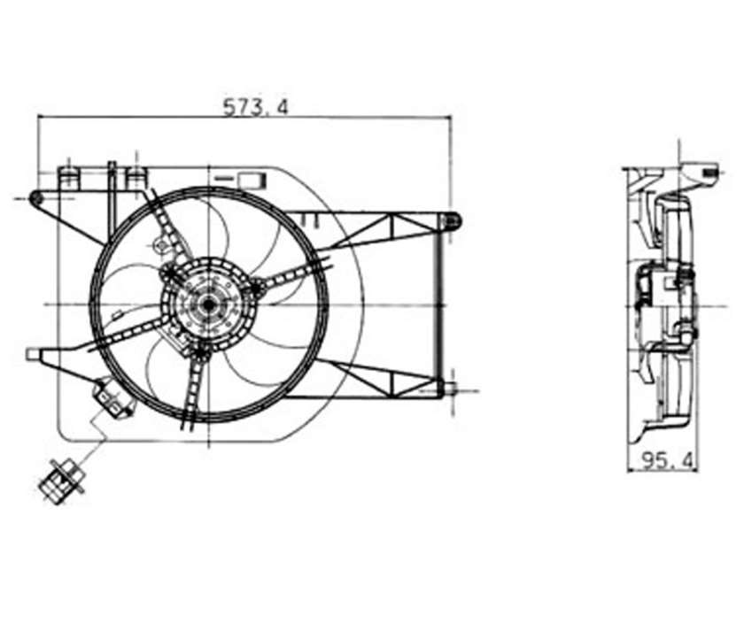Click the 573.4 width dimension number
tap(256, 107)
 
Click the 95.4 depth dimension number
tap(667, 459)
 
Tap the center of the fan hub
tap(209, 304)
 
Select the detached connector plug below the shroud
tap(61, 481)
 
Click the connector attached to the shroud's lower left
tap(112, 397)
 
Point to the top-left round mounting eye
tap(35, 198)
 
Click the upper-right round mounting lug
tap(450, 221)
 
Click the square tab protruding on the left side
tap(33, 355)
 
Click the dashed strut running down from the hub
tap(195, 389)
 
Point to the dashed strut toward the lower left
tap(128, 334)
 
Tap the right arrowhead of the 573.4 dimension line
tap(446, 117)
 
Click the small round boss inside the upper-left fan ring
tap(162, 245)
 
